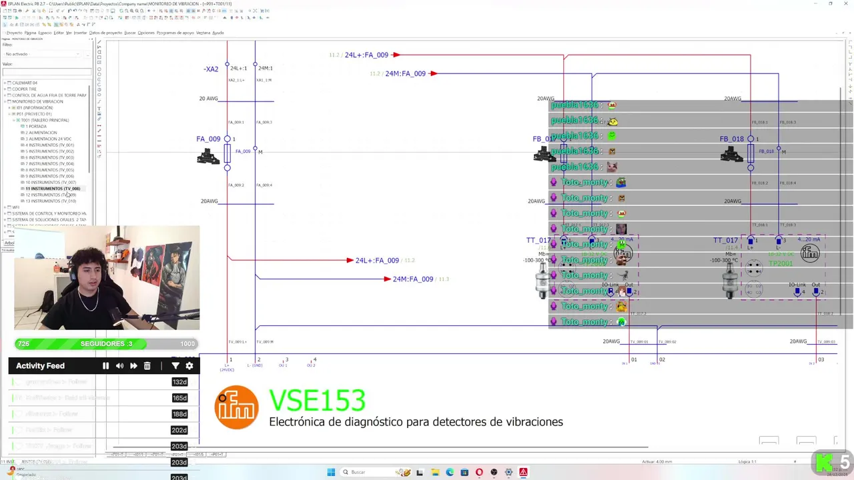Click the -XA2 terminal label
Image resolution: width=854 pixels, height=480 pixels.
pos(211,69)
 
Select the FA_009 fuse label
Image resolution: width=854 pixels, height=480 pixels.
pos(208,139)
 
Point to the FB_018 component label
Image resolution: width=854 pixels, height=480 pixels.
pos(731,139)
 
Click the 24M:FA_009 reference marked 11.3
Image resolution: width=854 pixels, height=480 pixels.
pos(412,279)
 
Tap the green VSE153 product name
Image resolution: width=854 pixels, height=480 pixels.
pos(317,401)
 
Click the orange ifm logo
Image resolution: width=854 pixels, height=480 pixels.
pos(236,407)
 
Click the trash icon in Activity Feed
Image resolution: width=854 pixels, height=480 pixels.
pos(147,366)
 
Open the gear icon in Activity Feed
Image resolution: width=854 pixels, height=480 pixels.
pos(189,366)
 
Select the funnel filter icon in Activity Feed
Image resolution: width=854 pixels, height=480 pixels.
pos(175,366)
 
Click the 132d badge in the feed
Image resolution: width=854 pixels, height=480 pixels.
pos(179,382)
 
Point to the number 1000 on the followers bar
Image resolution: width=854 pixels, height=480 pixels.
pos(187,344)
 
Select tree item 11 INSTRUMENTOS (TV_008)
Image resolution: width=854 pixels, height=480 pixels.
pos(53,189)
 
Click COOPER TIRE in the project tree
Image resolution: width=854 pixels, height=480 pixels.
pos(24,89)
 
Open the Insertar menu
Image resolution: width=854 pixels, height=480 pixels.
pos(80,33)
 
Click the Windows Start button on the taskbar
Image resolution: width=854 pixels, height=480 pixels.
pos(331,472)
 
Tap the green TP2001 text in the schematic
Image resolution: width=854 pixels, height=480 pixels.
pos(781,264)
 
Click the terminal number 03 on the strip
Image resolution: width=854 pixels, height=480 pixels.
pos(821,360)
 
